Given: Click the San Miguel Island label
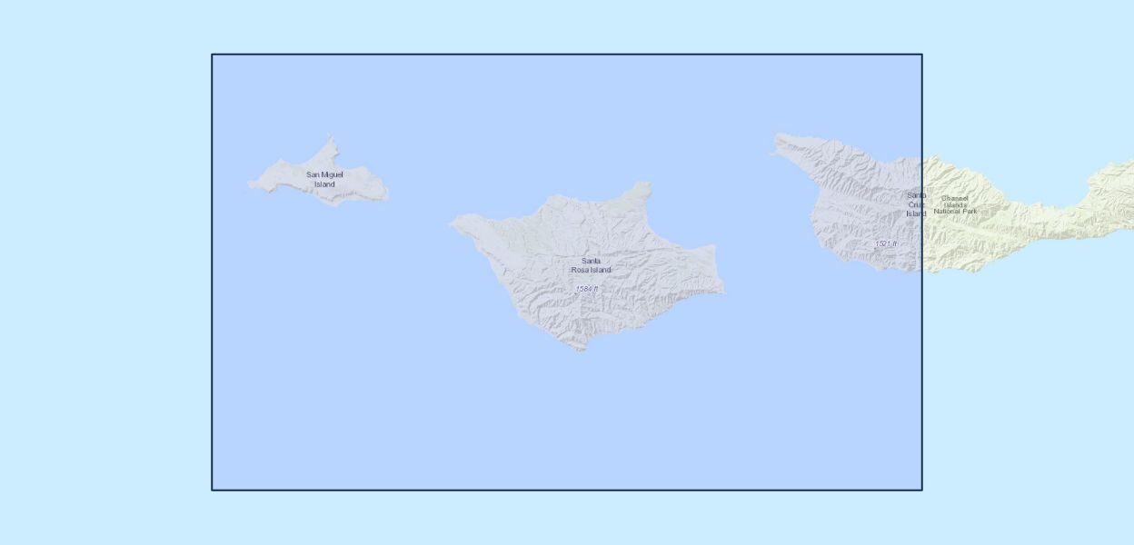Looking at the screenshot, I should [324, 179].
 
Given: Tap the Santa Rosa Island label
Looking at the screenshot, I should [591, 265].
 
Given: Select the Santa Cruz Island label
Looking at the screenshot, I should [916, 204].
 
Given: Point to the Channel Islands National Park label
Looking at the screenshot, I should [955, 204].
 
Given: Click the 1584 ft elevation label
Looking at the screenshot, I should [586, 289].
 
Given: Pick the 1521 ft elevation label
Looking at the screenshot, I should [885, 243].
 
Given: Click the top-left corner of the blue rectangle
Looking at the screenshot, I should [213, 54].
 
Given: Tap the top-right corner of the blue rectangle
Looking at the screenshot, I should [921, 54].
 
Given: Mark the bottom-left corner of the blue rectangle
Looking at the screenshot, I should [213, 490].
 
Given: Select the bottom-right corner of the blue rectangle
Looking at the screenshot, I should [921, 490].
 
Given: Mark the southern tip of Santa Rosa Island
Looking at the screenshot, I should [582, 350].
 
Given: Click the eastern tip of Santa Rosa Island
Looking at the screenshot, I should [724, 292].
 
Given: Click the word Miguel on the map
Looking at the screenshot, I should [331, 174].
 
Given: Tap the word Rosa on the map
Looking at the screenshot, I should [580, 270].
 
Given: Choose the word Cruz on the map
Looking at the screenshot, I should [915, 204].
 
